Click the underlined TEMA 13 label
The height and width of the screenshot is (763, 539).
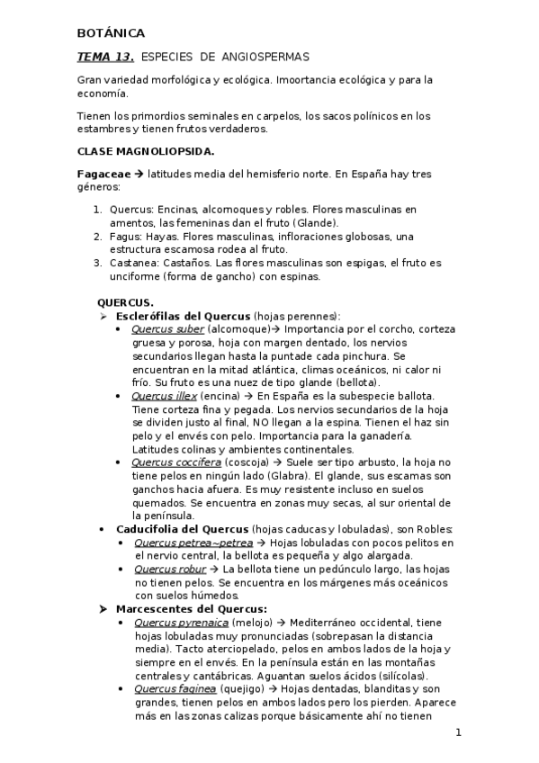pos(105,57)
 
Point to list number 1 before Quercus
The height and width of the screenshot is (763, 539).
pos(98,210)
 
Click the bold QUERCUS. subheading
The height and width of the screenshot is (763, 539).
pos(125,302)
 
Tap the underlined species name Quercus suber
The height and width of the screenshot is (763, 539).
pos(167,329)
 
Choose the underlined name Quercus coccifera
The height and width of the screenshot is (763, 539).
pos(175,462)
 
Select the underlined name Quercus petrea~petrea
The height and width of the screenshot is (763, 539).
pos(193,543)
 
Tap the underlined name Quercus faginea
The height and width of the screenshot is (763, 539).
pos(175,689)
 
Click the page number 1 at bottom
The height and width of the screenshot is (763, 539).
pos(458,733)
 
